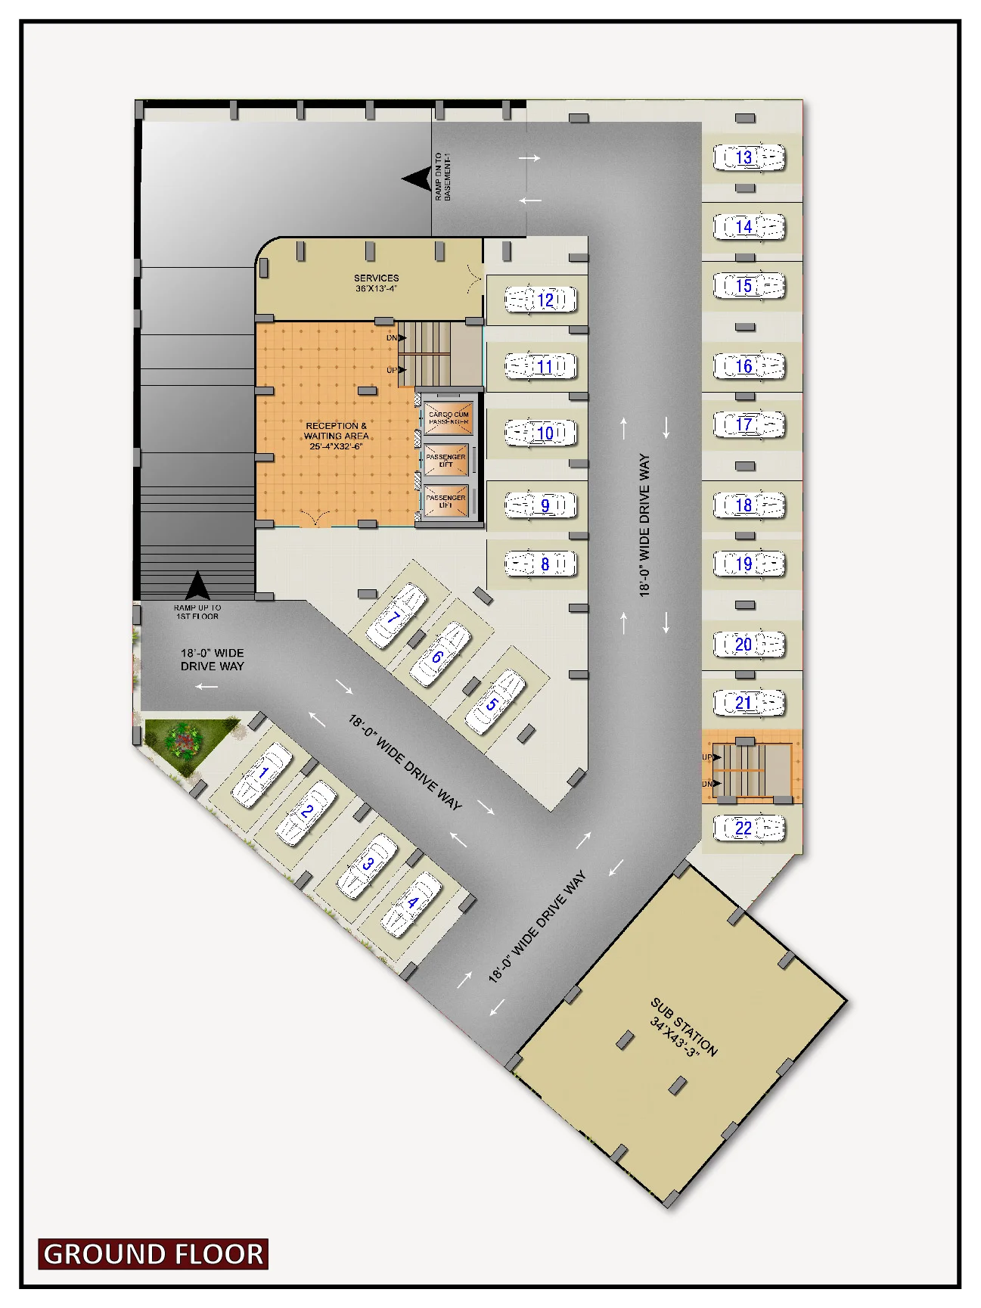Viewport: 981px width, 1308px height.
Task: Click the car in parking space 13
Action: point(749,157)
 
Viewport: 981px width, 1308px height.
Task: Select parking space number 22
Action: point(749,828)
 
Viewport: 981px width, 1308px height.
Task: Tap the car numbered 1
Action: point(262,774)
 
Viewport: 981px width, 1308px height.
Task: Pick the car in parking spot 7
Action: point(396,616)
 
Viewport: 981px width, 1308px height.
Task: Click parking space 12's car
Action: point(541,300)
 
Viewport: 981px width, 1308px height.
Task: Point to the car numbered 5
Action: point(494,702)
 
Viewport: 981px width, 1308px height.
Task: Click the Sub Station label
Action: point(683,1027)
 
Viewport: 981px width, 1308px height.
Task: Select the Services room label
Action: point(376,283)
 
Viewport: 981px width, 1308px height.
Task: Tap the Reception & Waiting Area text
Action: point(336,436)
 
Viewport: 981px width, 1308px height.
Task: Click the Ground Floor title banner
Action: point(154,1254)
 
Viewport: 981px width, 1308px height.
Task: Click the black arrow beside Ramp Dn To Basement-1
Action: point(417,179)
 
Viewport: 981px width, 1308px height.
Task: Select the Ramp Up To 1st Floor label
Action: point(197,612)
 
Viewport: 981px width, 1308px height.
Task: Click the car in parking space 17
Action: point(749,424)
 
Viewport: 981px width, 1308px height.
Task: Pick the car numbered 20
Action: point(749,645)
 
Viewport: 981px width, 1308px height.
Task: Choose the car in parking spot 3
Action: point(368,865)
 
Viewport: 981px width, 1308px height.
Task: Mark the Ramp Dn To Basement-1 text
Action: point(442,176)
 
